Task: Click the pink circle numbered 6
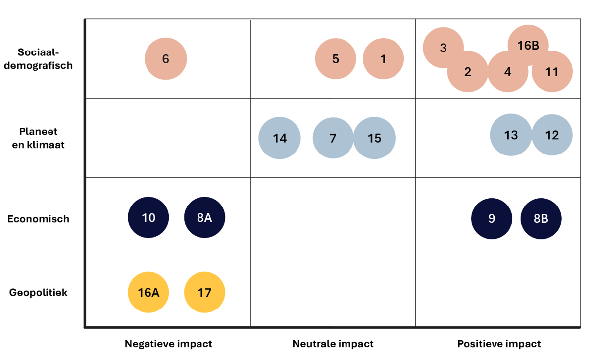pos(166,59)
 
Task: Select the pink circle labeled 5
pos(336,59)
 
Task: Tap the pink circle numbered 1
pos(383,59)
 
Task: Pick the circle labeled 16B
pos(528,45)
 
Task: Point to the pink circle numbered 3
pos(443,48)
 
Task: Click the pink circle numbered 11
pos(552,72)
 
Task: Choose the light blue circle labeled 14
pos(280,138)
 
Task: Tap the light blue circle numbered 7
pos(333,138)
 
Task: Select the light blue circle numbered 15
pos(374,138)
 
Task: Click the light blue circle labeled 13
pos(511,135)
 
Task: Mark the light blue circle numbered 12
pos(552,135)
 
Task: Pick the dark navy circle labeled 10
pos(148,218)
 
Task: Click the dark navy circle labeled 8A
pos(204,218)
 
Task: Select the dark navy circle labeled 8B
pos(541,218)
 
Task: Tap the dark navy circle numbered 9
pos(492,218)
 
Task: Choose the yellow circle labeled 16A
pos(148,293)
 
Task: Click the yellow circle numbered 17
pos(204,293)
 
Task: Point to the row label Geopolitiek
pos(39,293)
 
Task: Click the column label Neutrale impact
pos(333,344)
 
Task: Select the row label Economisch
pos(38,219)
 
